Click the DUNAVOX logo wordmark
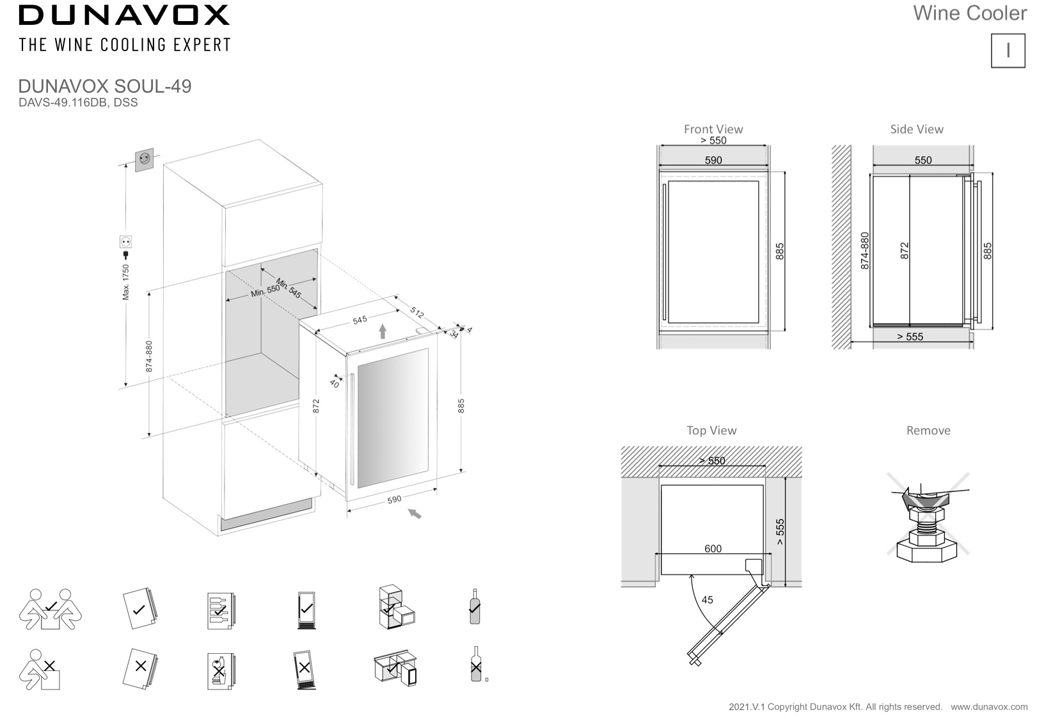pyautogui.click(x=124, y=15)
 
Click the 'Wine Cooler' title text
pyautogui.click(x=969, y=13)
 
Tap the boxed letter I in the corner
pyautogui.click(x=1008, y=51)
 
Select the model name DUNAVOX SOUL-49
pyautogui.click(x=105, y=86)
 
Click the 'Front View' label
pyautogui.click(x=713, y=129)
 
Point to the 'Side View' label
pyautogui.click(x=916, y=129)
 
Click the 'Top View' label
pyautogui.click(x=711, y=431)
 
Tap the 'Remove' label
pyautogui.click(x=928, y=431)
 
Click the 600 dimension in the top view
pyautogui.click(x=713, y=549)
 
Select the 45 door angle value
pyautogui.click(x=707, y=600)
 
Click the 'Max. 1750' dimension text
pyautogui.click(x=126, y=281)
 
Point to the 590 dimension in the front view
pyautogui.click(x=713, y=161)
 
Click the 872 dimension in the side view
pyautogui.click(x=904, y=251)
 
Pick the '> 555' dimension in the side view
pyautogui.click(x=910, y=337)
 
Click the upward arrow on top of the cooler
pyautogui.click(x=383, y=331)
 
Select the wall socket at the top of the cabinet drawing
pyautogui.click(x=145, y=159)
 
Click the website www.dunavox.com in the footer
pyautogui.click(x=989, y=707)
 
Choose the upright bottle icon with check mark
pyautogui.click(x=475, y=606)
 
